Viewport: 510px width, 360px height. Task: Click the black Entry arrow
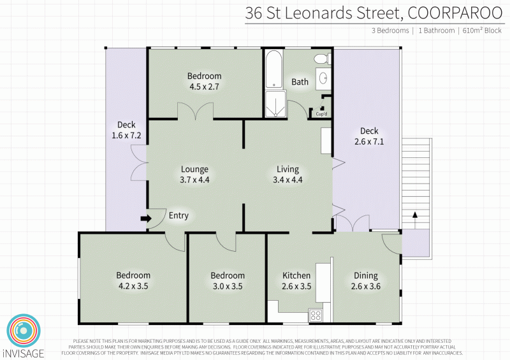pyautogui.click(x=145, y=219)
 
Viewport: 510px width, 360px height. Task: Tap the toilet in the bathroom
pyautogui.click(x=321, y=59)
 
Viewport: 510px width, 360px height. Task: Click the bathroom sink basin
pyautogui.click(x=323, y=78)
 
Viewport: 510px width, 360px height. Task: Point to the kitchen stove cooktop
pyautogui.click(x=315, y=314)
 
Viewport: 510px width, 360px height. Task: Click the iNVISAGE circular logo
pyautogui.click(x=23, y=330)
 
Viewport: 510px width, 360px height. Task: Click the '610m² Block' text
pyautogui.click(x=483, y=30)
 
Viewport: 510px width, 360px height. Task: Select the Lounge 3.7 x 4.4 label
pyautogui.click(x=194, y=174)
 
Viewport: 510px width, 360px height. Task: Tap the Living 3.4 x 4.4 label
pyautogui.click(x=288, y=174)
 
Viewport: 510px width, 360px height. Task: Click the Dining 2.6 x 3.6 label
pyautogui.click(x=365, y=281)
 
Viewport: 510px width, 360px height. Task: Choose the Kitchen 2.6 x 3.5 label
pyautogui.click(x=296, y=281)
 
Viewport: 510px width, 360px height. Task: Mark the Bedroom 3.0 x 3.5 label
pyautogui.click(x=228, y=281)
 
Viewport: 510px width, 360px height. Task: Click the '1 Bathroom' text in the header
pyautogui.click(x=436, y=30)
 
